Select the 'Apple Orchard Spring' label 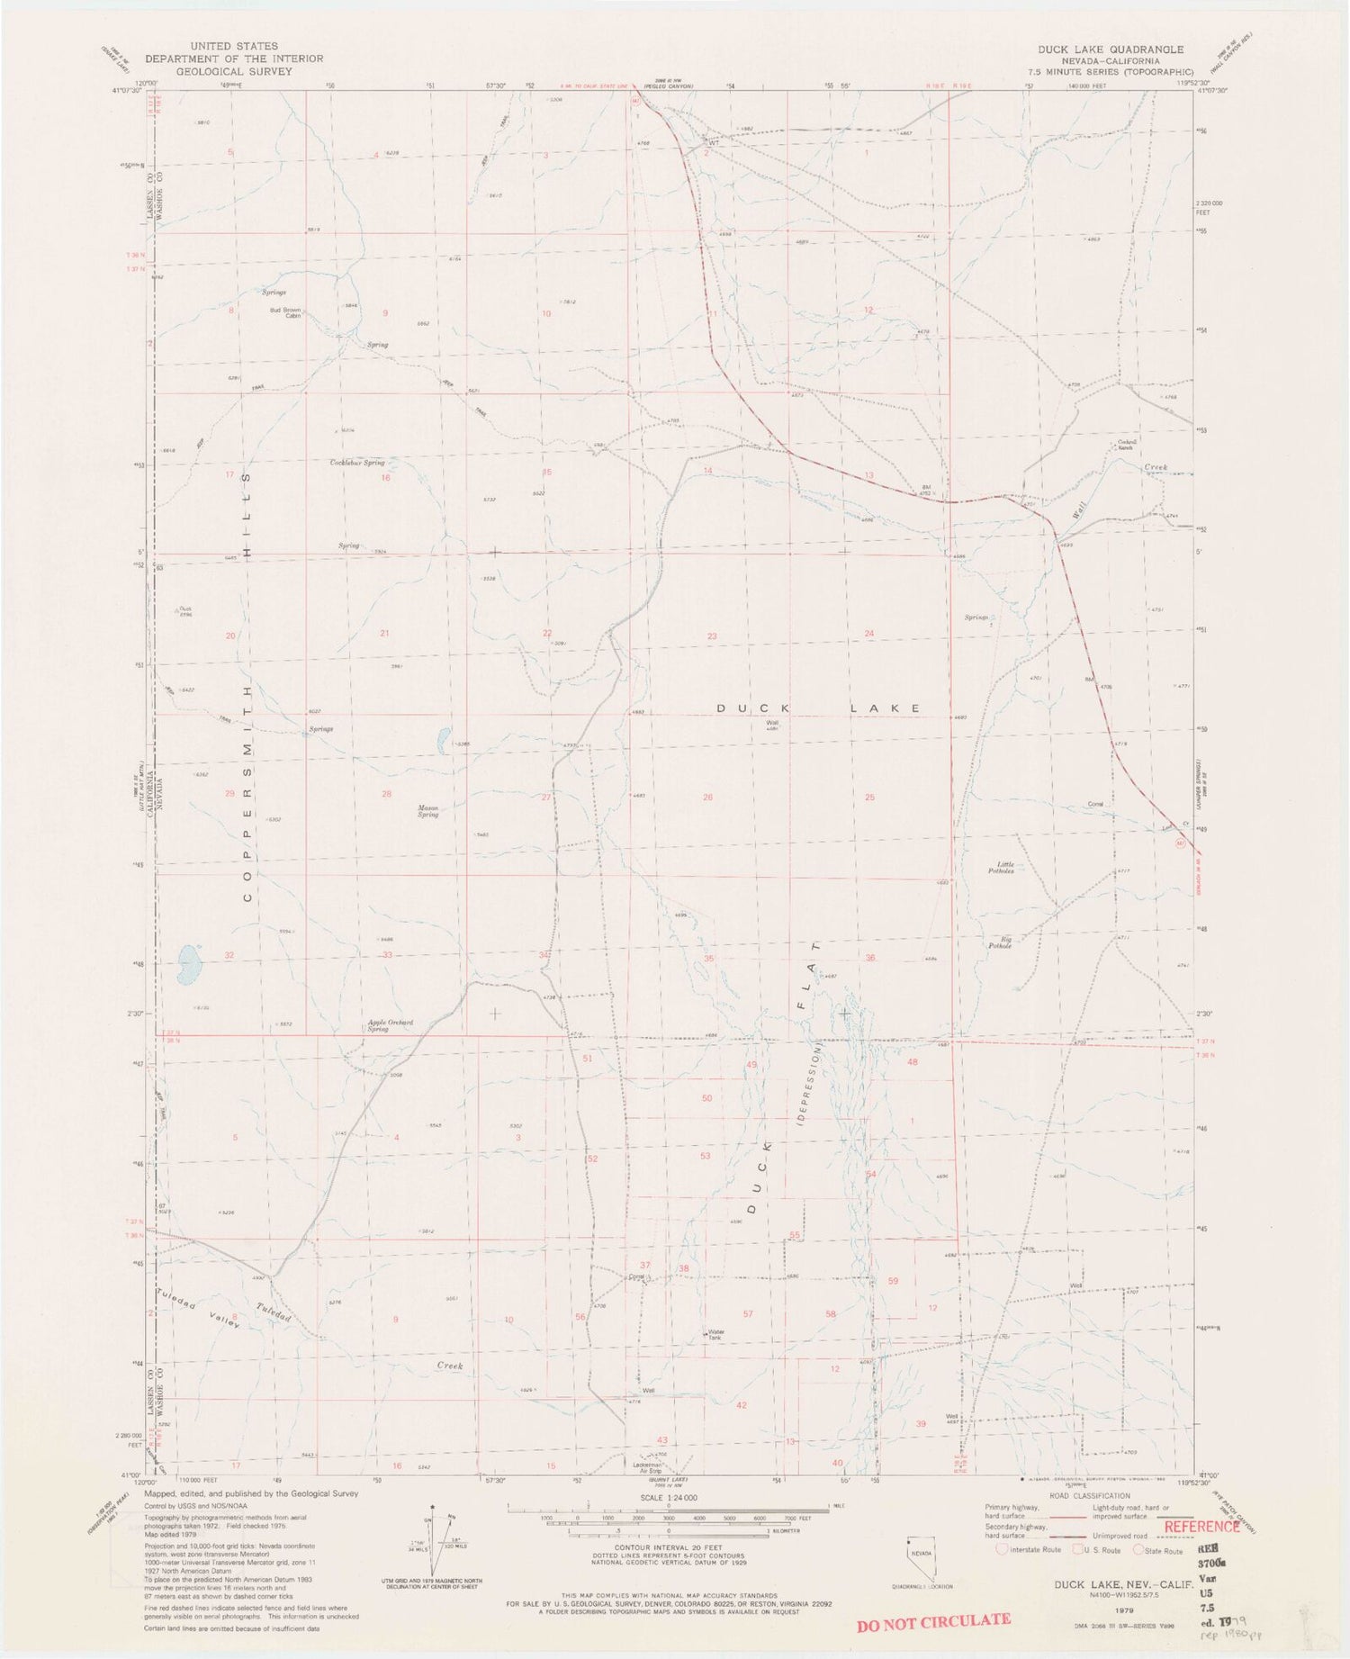coord(377,1025)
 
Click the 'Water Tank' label coord(715,1336)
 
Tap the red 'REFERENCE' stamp coord(1201,1526)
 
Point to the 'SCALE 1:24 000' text coord(668,1497)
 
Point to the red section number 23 coord(712,636)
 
